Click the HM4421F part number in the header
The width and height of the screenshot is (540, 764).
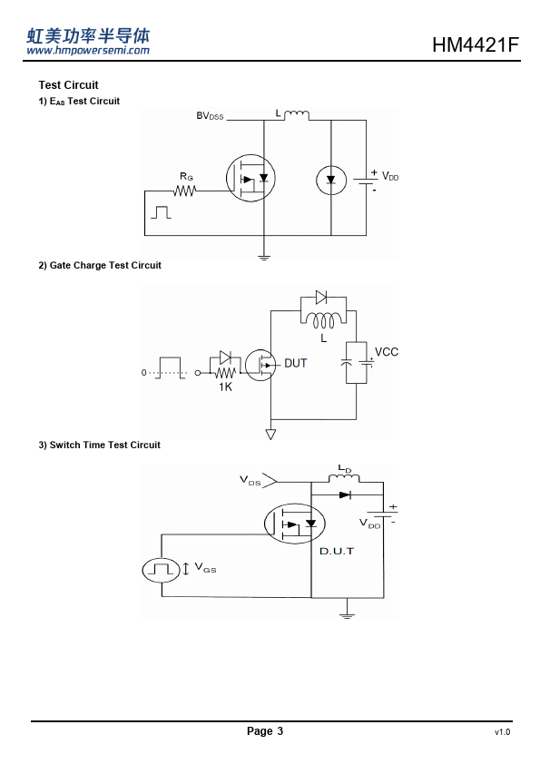click(x=476, y=44)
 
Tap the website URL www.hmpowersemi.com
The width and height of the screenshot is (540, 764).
click(x=88, y=50)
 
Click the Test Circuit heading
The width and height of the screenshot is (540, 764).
click(x=68, y=84)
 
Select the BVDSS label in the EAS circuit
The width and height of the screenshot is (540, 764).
click(x=210, y=116)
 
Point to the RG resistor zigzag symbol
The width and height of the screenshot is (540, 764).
click(x=185, y=191)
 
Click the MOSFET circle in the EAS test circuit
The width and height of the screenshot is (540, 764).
click(x=250, y=179)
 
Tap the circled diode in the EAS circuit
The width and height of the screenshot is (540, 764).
click(x=331, y=181)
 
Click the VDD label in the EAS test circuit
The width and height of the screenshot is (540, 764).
click(x=390, y=176)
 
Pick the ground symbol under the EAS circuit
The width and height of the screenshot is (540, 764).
click(x=264, y=258)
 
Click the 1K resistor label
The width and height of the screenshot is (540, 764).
click(x=226, y=387)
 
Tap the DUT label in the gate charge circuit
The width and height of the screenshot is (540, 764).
click(x=295, y=363)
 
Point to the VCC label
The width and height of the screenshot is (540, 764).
click(x=387, y=352)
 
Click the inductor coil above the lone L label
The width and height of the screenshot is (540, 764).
click(x=324, y=320)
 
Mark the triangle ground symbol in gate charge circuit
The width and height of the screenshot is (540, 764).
click(x=270, y=434)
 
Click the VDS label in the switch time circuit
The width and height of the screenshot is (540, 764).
click(x=250, y=480)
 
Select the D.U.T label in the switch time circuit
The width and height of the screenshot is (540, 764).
click(x=337, y=551)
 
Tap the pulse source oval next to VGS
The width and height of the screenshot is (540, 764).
click(x=162, y=570)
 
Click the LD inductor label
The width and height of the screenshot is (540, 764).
click(x=345, y=469)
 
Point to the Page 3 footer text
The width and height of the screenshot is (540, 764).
click(x=265, y=730)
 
